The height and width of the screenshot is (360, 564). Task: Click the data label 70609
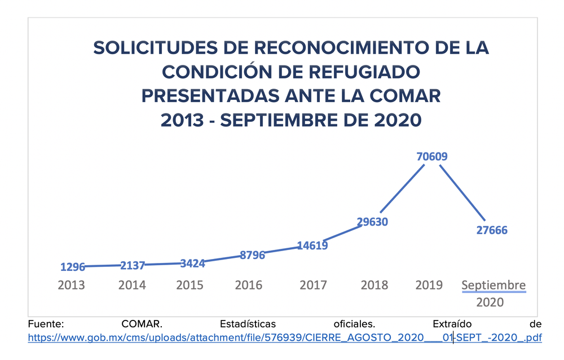coord(432,156)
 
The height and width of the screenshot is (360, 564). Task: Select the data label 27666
coord(492,230)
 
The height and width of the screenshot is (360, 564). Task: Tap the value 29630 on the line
coord(372,222)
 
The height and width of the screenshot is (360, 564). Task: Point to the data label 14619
coord(312,245)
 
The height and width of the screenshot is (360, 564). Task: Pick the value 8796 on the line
coord(252,255)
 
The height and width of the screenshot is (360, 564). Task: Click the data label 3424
coord(192,263)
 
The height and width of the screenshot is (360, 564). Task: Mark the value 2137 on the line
coord(133,265)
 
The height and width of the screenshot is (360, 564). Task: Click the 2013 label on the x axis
coord(72,285)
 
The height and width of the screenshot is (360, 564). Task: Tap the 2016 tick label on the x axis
coord(249,285)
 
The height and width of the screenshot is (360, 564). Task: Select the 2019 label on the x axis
coord(429,285)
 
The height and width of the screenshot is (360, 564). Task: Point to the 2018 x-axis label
coord(374,285)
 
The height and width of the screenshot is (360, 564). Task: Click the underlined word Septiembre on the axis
coord(493,285)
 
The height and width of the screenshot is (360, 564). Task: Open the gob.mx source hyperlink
coord(285,338)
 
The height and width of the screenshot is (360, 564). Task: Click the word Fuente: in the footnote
coord(47,324)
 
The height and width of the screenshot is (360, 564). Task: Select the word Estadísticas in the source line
coord(248,324)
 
